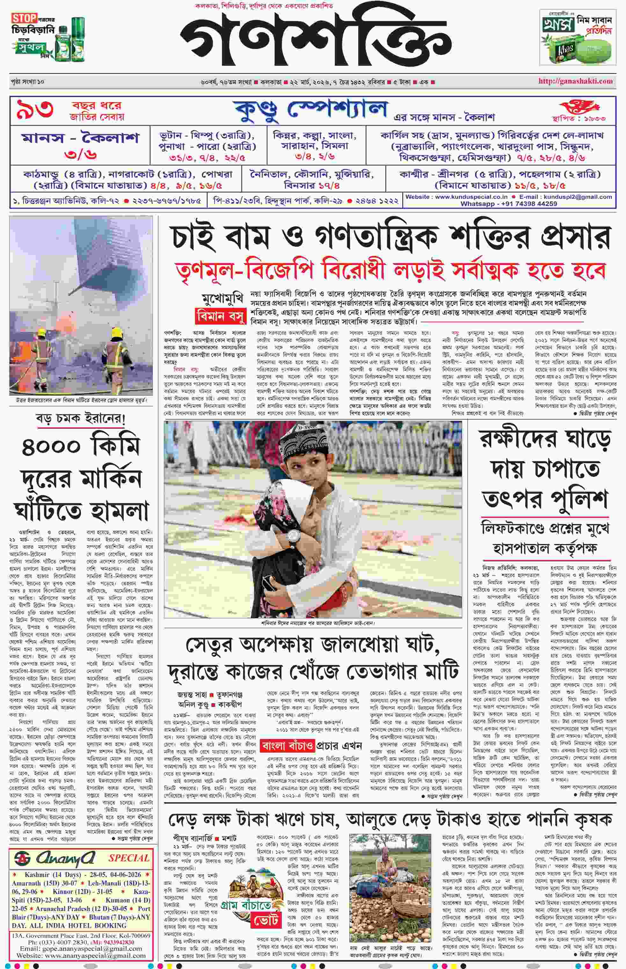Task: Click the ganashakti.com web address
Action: coord(575,81)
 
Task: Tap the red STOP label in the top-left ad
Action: coord(24,18)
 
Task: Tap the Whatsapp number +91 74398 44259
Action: coord(508,204)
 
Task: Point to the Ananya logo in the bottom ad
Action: coord(55,858)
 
